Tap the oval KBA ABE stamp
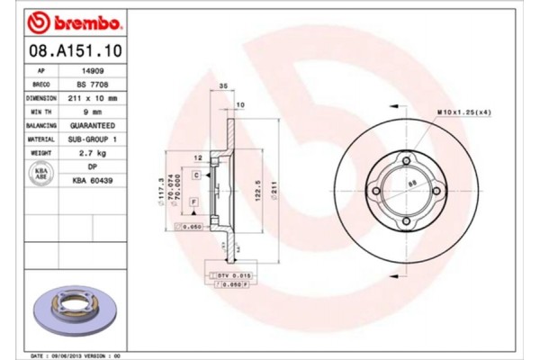[x=40, y=174]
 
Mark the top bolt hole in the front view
[x=407, y=161]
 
